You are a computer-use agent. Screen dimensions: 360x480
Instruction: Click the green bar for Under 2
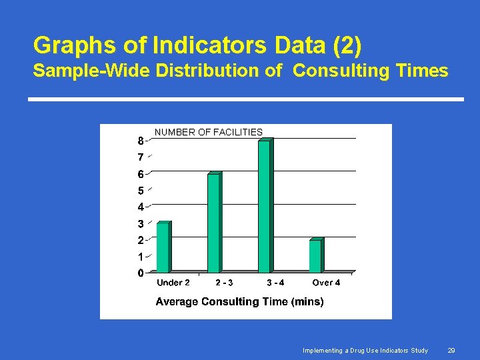163,247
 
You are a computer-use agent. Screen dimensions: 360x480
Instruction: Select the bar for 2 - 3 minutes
214,223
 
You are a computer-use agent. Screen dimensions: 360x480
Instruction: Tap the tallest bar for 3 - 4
265,206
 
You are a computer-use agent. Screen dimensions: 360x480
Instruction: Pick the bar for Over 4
315,255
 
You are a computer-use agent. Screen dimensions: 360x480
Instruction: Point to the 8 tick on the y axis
141,141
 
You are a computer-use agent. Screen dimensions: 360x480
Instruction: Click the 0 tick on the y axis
141,273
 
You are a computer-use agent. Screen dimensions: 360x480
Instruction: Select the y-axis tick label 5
141,191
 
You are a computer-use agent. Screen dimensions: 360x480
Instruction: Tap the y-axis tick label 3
141,224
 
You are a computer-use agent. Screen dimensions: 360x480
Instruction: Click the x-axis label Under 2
173,283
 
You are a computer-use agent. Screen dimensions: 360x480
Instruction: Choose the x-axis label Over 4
326,283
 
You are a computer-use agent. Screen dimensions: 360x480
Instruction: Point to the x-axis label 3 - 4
275,283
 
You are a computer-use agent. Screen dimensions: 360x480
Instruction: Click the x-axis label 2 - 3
224,283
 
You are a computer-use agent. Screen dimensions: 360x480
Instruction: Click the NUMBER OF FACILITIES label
209,132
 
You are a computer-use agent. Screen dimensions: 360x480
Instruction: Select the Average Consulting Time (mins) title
239,301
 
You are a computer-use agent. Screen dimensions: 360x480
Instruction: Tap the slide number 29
451,350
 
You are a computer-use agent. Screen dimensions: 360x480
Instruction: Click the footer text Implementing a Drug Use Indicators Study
365,350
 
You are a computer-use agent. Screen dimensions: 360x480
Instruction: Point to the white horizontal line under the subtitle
245,99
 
